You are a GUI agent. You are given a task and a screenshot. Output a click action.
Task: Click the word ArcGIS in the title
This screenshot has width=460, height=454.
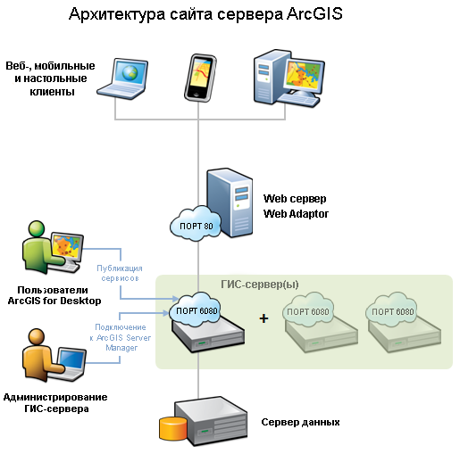[x=314, y=14]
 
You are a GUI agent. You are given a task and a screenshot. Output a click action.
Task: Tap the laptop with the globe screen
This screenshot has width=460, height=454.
[x=122, y=78]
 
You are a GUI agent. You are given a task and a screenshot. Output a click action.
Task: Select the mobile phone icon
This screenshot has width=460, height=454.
[x=200, y=78]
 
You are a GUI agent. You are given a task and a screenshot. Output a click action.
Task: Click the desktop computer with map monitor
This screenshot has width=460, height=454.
[x=289, y=78]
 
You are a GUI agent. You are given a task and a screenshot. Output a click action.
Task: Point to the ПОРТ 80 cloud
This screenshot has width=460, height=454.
[x=196, y=224]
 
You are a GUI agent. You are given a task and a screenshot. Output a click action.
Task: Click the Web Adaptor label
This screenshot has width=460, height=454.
[x=296, y=213]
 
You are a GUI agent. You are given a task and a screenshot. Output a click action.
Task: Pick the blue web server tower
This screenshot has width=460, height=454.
[x=230, y=202]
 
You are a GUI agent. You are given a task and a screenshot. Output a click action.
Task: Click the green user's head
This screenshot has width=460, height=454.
[x=37, y=228]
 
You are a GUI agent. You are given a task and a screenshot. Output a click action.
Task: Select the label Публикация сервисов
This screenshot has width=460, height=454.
[x=120, y=273]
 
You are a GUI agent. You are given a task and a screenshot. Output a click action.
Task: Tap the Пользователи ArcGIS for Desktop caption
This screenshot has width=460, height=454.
[x=54, y=295]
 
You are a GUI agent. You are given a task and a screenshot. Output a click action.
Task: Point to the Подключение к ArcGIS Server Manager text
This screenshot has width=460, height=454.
[x=121, y=337]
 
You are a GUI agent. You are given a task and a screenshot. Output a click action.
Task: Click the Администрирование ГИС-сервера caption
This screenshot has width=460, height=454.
[x=55, y=403]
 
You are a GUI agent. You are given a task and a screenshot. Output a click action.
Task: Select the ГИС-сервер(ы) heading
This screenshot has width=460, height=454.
[x=260, y=285]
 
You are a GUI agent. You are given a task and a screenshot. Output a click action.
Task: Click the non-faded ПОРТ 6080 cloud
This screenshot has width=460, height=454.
[x=197, y=310]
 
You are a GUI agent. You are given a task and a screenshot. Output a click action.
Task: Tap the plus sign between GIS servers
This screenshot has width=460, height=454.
[x=263, y=318]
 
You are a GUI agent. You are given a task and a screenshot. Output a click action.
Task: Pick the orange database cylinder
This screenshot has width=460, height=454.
[x=173, y=429]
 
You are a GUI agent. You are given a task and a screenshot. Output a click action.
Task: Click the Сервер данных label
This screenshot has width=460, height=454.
[x=300, y=422]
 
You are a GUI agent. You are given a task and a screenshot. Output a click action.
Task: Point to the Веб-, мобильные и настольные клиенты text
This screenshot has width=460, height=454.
[x=51, y=78]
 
